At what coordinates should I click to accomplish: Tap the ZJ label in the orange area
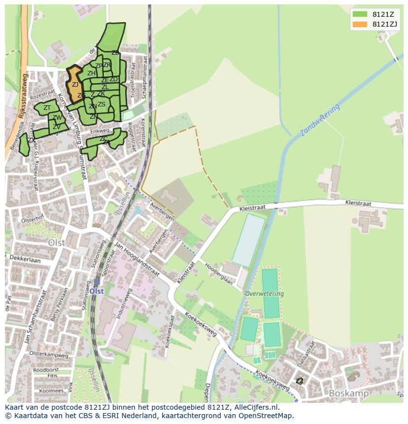tap(75, 85)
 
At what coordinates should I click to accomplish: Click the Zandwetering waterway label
tap(320, 120)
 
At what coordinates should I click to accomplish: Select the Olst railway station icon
tap(97, 283)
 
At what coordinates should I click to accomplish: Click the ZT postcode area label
tap(47, 108)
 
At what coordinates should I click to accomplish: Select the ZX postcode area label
tap(31, 140)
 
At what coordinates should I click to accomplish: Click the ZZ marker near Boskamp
tap(299, 381)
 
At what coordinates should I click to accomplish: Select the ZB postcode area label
tap(115, 53)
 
